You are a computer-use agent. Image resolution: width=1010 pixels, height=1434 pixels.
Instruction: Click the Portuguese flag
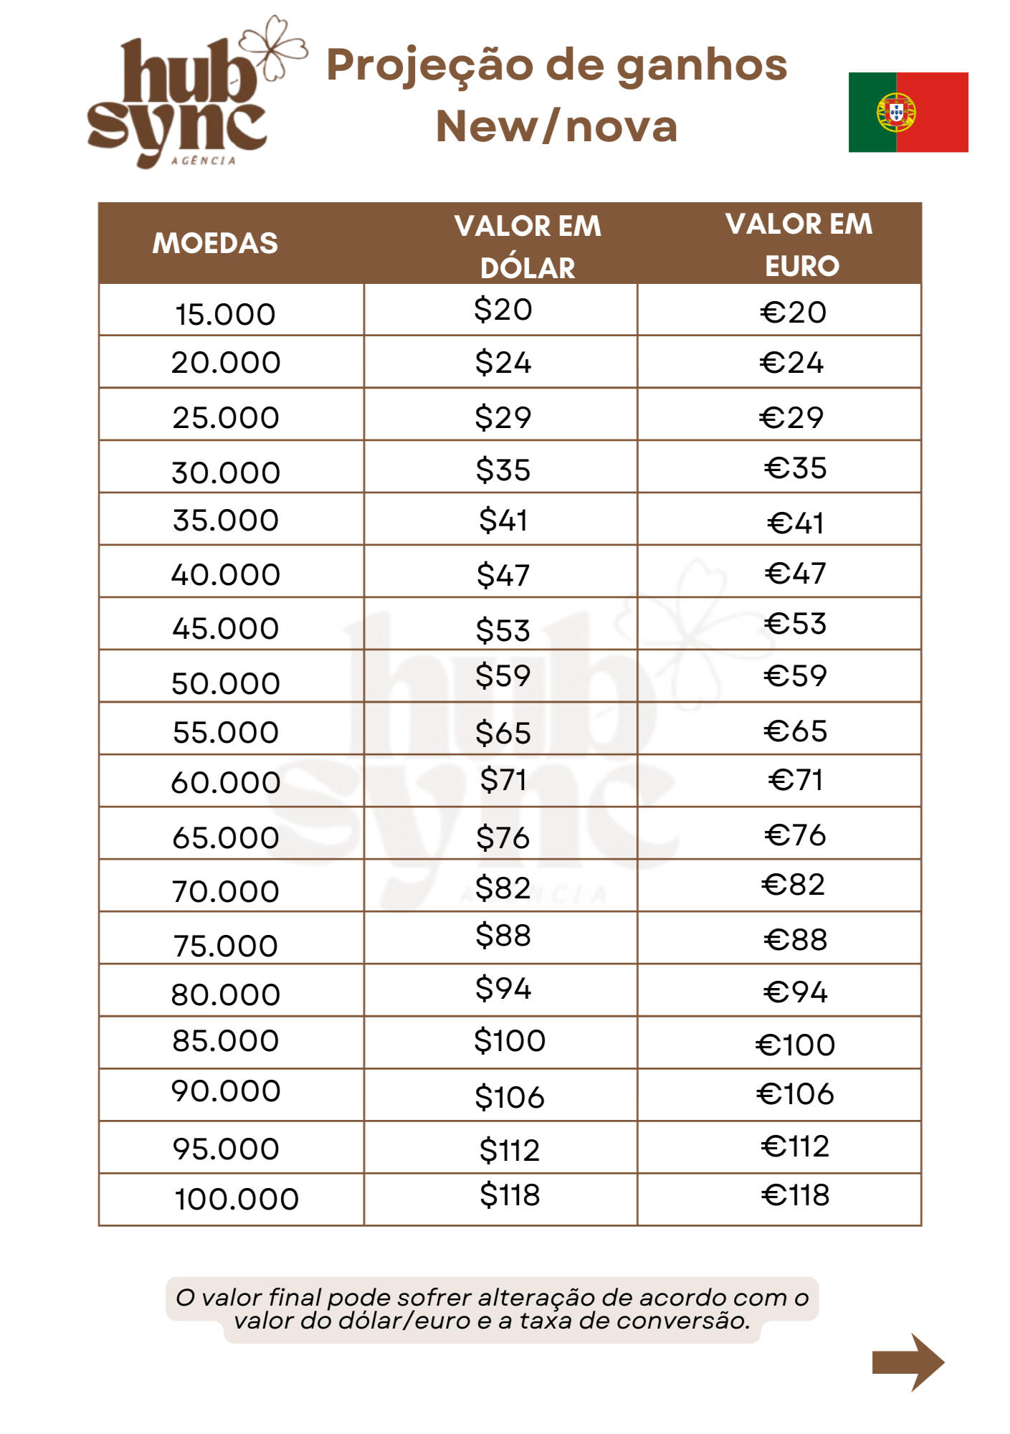[x=907, y=112]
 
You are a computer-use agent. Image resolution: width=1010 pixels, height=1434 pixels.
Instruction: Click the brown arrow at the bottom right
[x=907, y=1362]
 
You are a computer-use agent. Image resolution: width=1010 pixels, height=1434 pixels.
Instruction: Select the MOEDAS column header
[x=215, y=244]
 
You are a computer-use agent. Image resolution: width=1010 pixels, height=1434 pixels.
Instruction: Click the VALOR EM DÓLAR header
[x=528, y=247]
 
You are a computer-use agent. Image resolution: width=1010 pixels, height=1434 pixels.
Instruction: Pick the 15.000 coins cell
[x=225, y=314]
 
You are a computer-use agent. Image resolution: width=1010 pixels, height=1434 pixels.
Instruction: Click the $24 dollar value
[x=503, y=363]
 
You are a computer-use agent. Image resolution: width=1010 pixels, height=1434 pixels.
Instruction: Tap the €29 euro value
[x=791, y=417]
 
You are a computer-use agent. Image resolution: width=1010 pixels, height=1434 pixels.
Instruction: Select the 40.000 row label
[x=225, y=574]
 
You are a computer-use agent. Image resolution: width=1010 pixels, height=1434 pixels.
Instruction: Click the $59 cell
[x=503, y=675]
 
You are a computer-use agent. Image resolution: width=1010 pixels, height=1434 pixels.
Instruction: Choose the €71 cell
[x=795, y=779]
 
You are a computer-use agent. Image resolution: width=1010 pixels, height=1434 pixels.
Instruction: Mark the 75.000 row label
[x=225, y=946]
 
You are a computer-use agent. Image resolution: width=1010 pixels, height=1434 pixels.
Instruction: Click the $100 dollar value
[x=510, y=1040]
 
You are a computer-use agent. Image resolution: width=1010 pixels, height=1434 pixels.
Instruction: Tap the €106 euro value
[x=795, y=1094]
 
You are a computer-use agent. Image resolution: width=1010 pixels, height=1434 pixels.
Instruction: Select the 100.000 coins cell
[x=236, y=1199]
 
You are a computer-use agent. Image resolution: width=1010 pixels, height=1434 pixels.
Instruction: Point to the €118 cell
[x=795, y=1195]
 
